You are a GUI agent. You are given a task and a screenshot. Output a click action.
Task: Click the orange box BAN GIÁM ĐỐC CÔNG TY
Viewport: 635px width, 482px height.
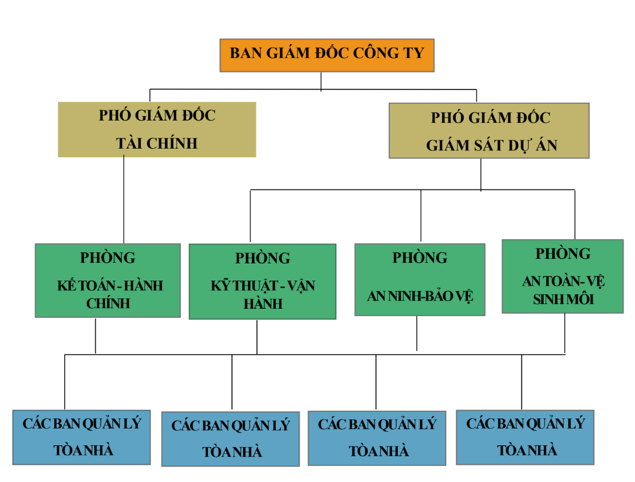pyautogui.click(x=327, y=56)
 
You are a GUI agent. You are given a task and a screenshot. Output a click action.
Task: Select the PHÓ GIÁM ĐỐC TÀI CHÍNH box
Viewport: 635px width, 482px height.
pyautogui.click(x=157, y=130)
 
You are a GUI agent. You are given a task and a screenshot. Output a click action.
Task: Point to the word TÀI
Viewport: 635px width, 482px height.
pyautogui.click(x=129, y=143)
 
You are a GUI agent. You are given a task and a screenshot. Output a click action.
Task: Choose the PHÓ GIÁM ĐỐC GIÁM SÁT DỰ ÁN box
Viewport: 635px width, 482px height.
pyautogui.click(x=489, y=131)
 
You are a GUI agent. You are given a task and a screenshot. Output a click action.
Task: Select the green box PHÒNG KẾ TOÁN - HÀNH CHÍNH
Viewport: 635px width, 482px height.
pyautogui.click(x=108, y=281)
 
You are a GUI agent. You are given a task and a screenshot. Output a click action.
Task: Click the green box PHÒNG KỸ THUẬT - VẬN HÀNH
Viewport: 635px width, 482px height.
pyautogui.click(x=262, y=282)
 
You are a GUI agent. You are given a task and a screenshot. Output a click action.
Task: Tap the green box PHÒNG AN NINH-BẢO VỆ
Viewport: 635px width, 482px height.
pyautogui.click(x=420, y=279)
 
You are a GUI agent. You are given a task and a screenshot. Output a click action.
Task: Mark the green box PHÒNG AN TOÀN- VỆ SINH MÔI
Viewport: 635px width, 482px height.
pyautogui.click(x=563, y=277)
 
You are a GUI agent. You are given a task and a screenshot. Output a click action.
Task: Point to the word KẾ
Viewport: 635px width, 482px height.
pyautogui.click(x=66, y=285)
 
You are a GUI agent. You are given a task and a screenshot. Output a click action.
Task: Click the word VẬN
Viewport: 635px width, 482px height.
pyautogui.click(x=301, y=286)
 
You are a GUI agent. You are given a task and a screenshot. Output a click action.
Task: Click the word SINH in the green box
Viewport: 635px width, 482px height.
pyautogui.click(x=544, y=300)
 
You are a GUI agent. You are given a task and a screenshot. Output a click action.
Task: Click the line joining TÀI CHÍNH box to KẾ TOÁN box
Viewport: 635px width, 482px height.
pyautogui.click(x=124, y=200)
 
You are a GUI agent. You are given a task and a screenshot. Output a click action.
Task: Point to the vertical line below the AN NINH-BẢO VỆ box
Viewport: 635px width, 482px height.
pyautogui.click(x=417, y=333)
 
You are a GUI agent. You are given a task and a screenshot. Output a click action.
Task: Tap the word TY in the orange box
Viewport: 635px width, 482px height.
pyautogui.click(x=414, y=53)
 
